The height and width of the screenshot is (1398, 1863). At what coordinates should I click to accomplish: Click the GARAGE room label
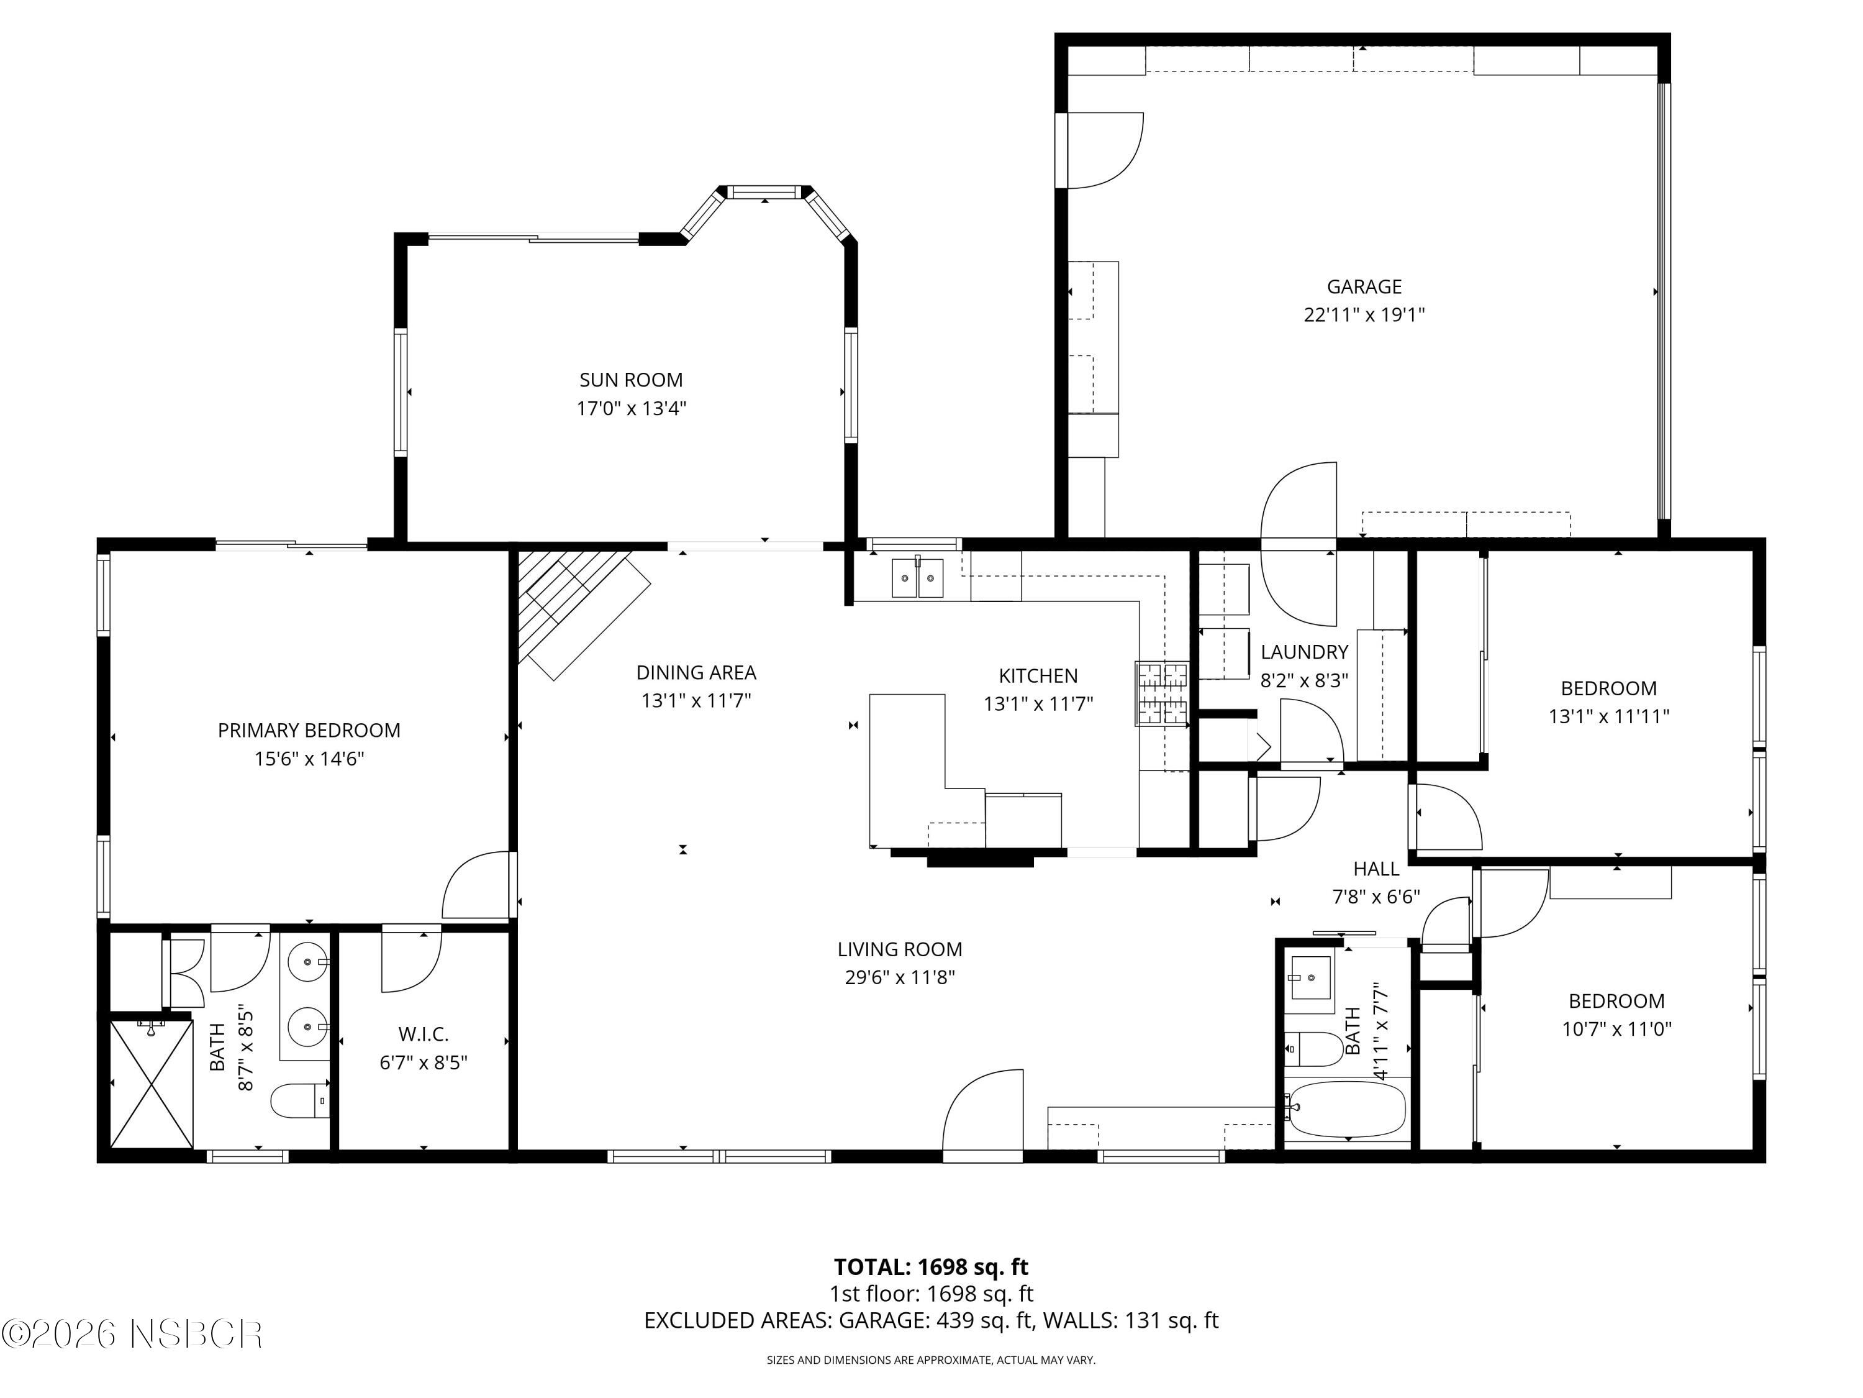1364,286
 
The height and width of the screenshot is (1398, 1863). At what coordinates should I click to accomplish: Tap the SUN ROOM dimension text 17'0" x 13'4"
631,409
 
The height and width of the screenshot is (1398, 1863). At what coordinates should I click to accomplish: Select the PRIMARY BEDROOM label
309,730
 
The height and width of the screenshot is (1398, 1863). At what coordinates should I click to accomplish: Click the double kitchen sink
917,578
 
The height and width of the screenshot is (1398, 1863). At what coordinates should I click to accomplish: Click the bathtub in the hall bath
1348,1109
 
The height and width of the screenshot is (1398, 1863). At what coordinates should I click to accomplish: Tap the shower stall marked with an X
152,1084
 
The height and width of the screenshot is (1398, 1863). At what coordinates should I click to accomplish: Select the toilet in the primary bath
299,1100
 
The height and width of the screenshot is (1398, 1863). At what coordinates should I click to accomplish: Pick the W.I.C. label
423,1033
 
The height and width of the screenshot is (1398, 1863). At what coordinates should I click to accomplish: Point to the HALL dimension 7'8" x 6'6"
1376,897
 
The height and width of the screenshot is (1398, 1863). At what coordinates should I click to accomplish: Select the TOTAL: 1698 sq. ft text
931,1266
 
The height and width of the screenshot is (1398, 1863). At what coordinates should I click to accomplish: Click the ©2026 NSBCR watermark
132,1334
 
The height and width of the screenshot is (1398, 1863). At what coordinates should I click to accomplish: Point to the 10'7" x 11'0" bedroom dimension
1616,1028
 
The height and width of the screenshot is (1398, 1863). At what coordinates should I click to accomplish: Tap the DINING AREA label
696,672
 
